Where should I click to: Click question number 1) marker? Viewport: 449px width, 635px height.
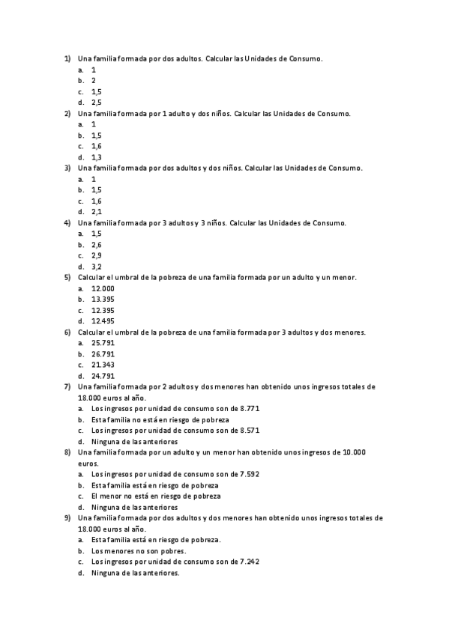coord(67,58)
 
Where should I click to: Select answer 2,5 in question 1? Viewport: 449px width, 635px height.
coord(97,102)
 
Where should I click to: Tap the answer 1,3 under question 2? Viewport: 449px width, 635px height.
coord(97,157)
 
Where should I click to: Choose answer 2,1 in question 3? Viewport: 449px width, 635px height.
coord(97,212)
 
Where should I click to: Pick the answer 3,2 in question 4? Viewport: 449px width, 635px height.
coord(97,267)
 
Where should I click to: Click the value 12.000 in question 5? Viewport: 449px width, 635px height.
coord(103,288)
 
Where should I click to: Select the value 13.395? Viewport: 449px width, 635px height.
coord(103,300)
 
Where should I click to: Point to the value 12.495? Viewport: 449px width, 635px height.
coord(103,321)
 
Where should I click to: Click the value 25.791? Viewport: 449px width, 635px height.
coord(103,343)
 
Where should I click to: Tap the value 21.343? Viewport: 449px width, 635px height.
coord(103,365)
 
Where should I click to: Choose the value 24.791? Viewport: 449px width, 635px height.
coord(103,376)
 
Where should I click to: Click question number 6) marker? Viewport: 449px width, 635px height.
coord(67,332)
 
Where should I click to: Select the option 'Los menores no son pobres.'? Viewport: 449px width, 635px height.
coord(139,550)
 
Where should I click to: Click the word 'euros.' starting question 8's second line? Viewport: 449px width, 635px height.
coord(88,464)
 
